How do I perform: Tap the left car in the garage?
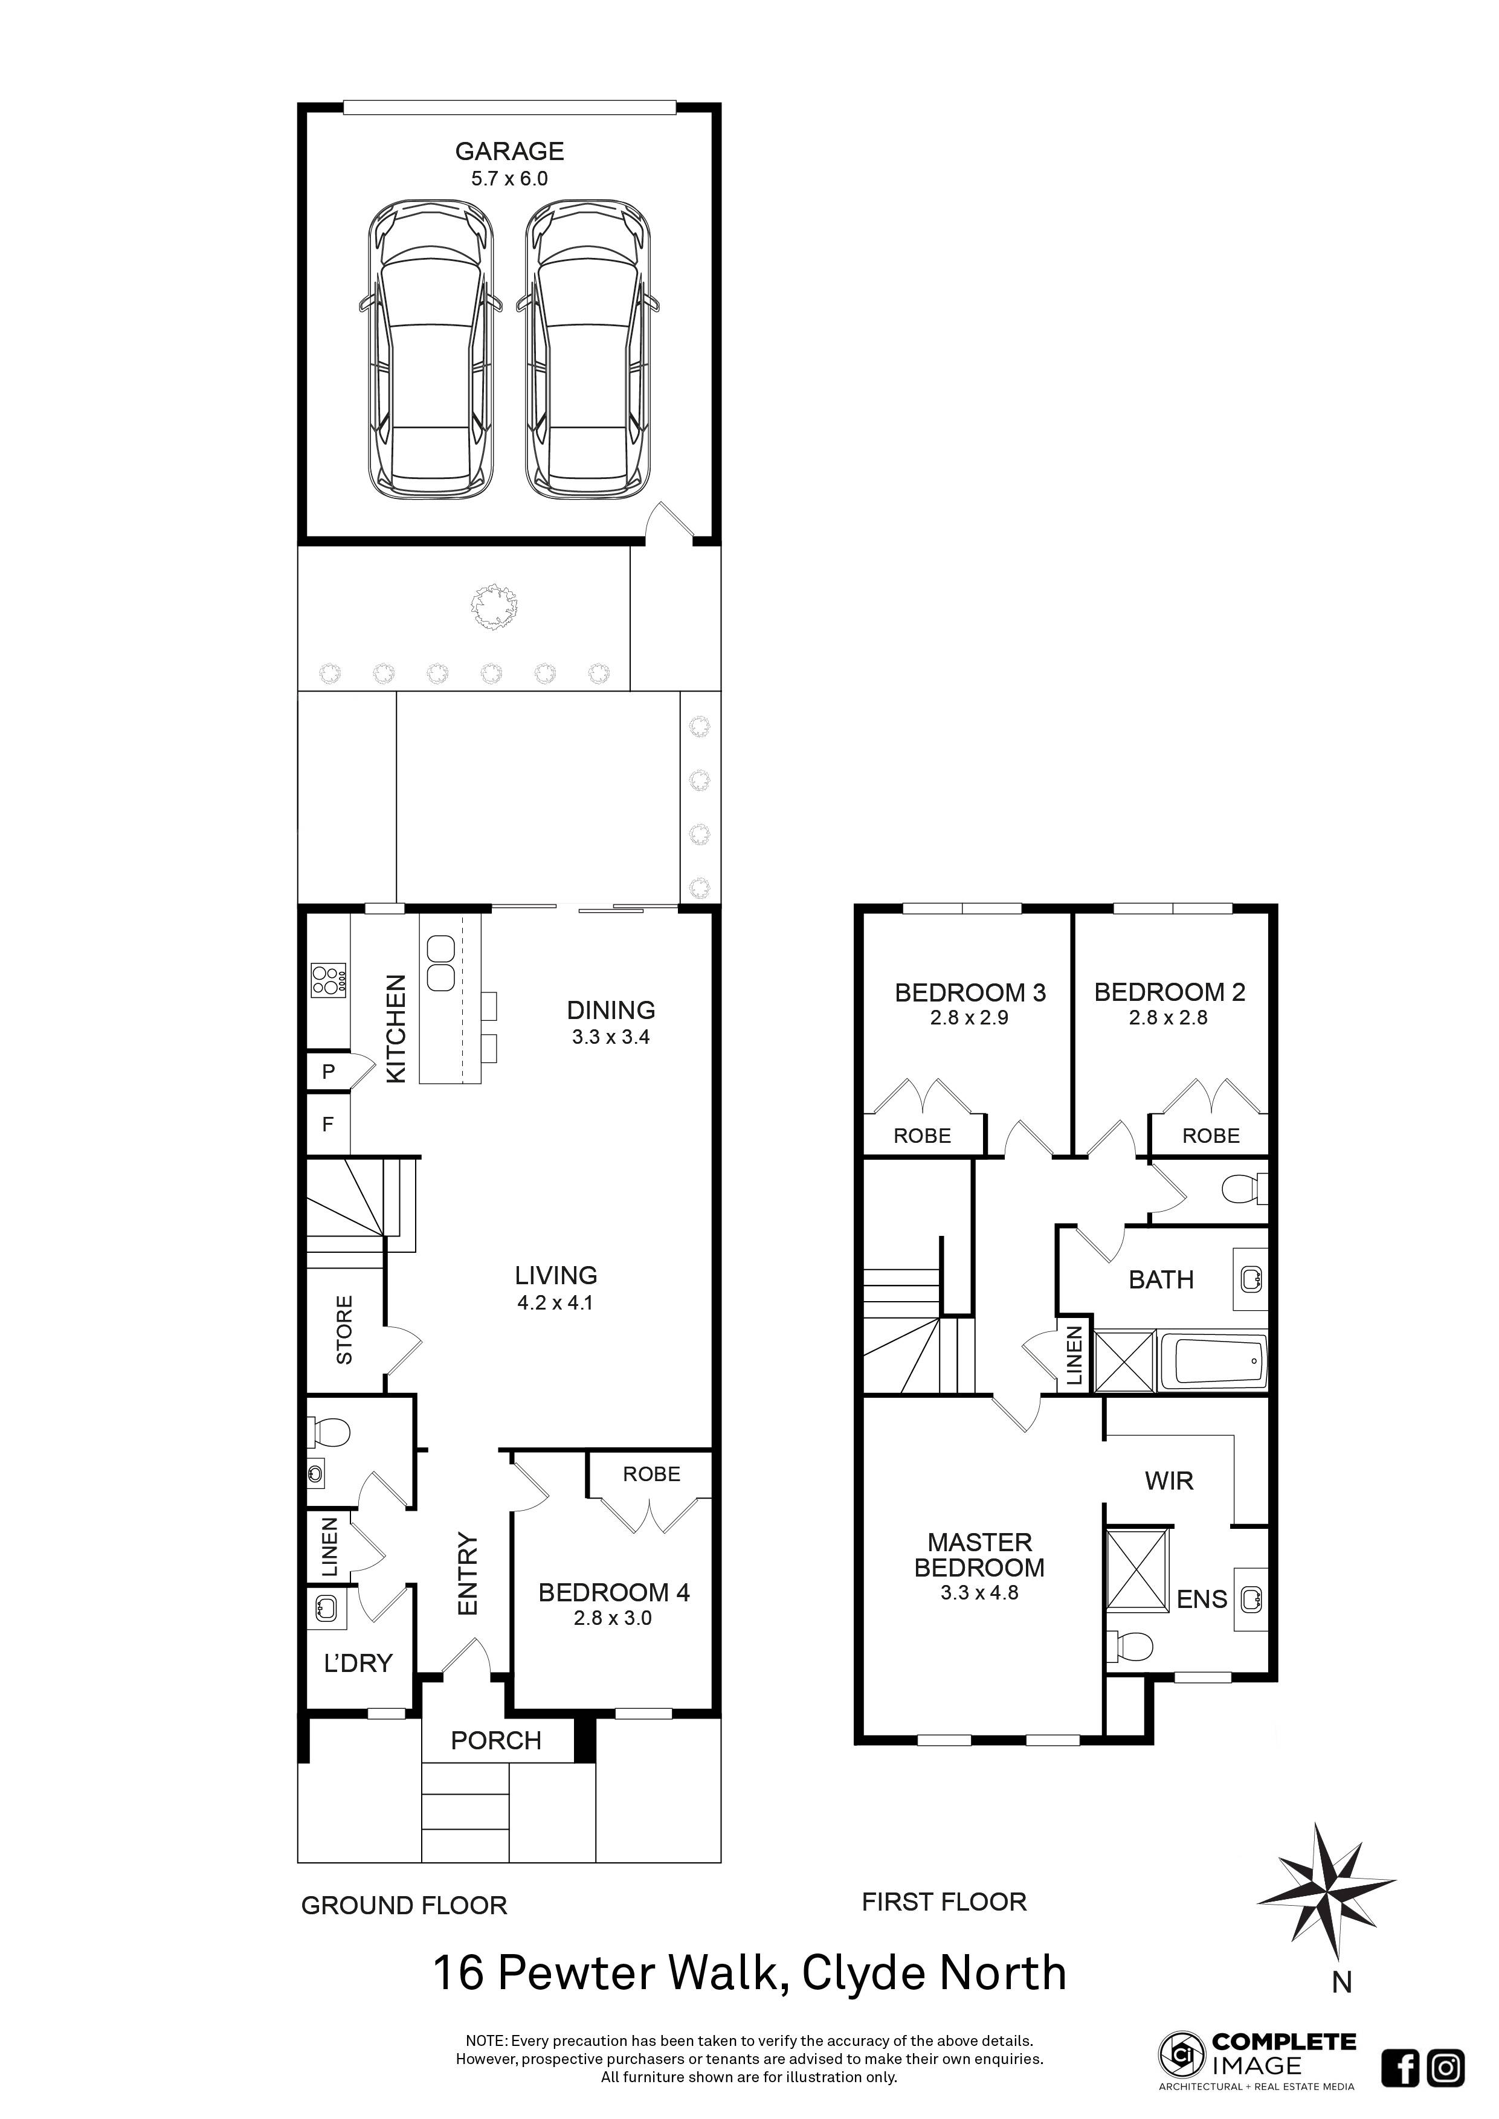[x=431, y=351]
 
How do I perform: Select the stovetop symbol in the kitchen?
[x=327, y=979]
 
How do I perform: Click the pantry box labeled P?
[x=327, y=1072]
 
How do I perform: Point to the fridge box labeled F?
[x=327, y=1124]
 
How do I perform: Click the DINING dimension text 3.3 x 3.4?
[x=610, y=1037]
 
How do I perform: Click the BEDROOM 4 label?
[x=614, y=1592]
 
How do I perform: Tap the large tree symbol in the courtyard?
[x=494, y=607]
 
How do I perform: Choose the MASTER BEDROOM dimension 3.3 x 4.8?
[x=979, y=1593]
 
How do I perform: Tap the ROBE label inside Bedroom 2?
[x=1210, y=1136]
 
